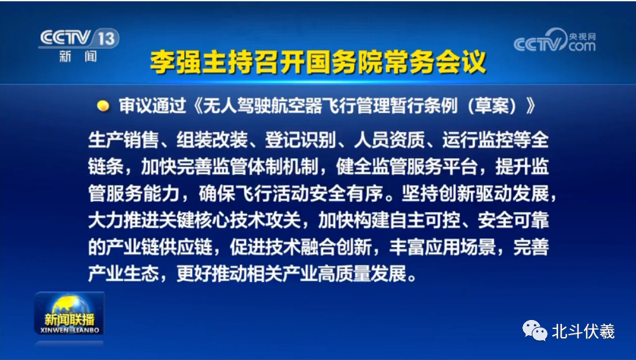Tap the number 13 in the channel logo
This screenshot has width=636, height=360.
[106, 39]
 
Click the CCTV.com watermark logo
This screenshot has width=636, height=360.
[554, 42]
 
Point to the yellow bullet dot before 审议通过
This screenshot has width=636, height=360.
[102, 106]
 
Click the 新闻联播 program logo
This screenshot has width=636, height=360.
[69, 316]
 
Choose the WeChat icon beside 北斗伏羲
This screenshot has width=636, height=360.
[534, 330]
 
